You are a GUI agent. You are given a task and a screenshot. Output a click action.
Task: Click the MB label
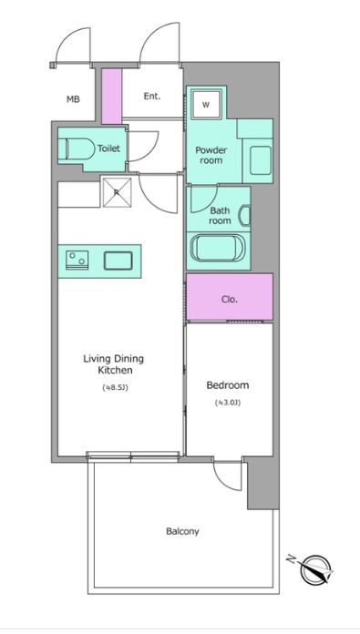pos(73,99)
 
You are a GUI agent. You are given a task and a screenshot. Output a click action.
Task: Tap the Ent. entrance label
pos(152,97)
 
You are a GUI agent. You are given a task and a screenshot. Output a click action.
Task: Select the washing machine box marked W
pos(207,105)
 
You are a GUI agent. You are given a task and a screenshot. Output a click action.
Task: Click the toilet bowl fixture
pos(77,148)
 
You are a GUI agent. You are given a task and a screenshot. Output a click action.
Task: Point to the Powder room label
pos(211,155)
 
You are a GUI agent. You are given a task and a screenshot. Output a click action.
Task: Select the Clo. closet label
pos(230,300)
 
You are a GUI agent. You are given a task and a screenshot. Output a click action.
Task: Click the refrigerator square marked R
pos(117,192)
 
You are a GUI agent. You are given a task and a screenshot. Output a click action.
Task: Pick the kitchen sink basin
pos(118,261)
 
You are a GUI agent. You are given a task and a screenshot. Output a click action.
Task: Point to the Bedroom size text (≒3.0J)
pos(228,403)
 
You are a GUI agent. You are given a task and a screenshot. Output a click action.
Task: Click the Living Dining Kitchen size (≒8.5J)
pos(115,387)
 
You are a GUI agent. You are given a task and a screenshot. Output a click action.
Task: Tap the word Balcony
pos(182,531)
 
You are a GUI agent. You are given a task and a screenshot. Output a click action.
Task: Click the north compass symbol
pos(314,568)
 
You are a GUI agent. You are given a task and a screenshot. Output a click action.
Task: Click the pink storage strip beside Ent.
pos(111,97)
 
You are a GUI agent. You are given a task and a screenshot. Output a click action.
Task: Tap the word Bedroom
pos(228,385)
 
